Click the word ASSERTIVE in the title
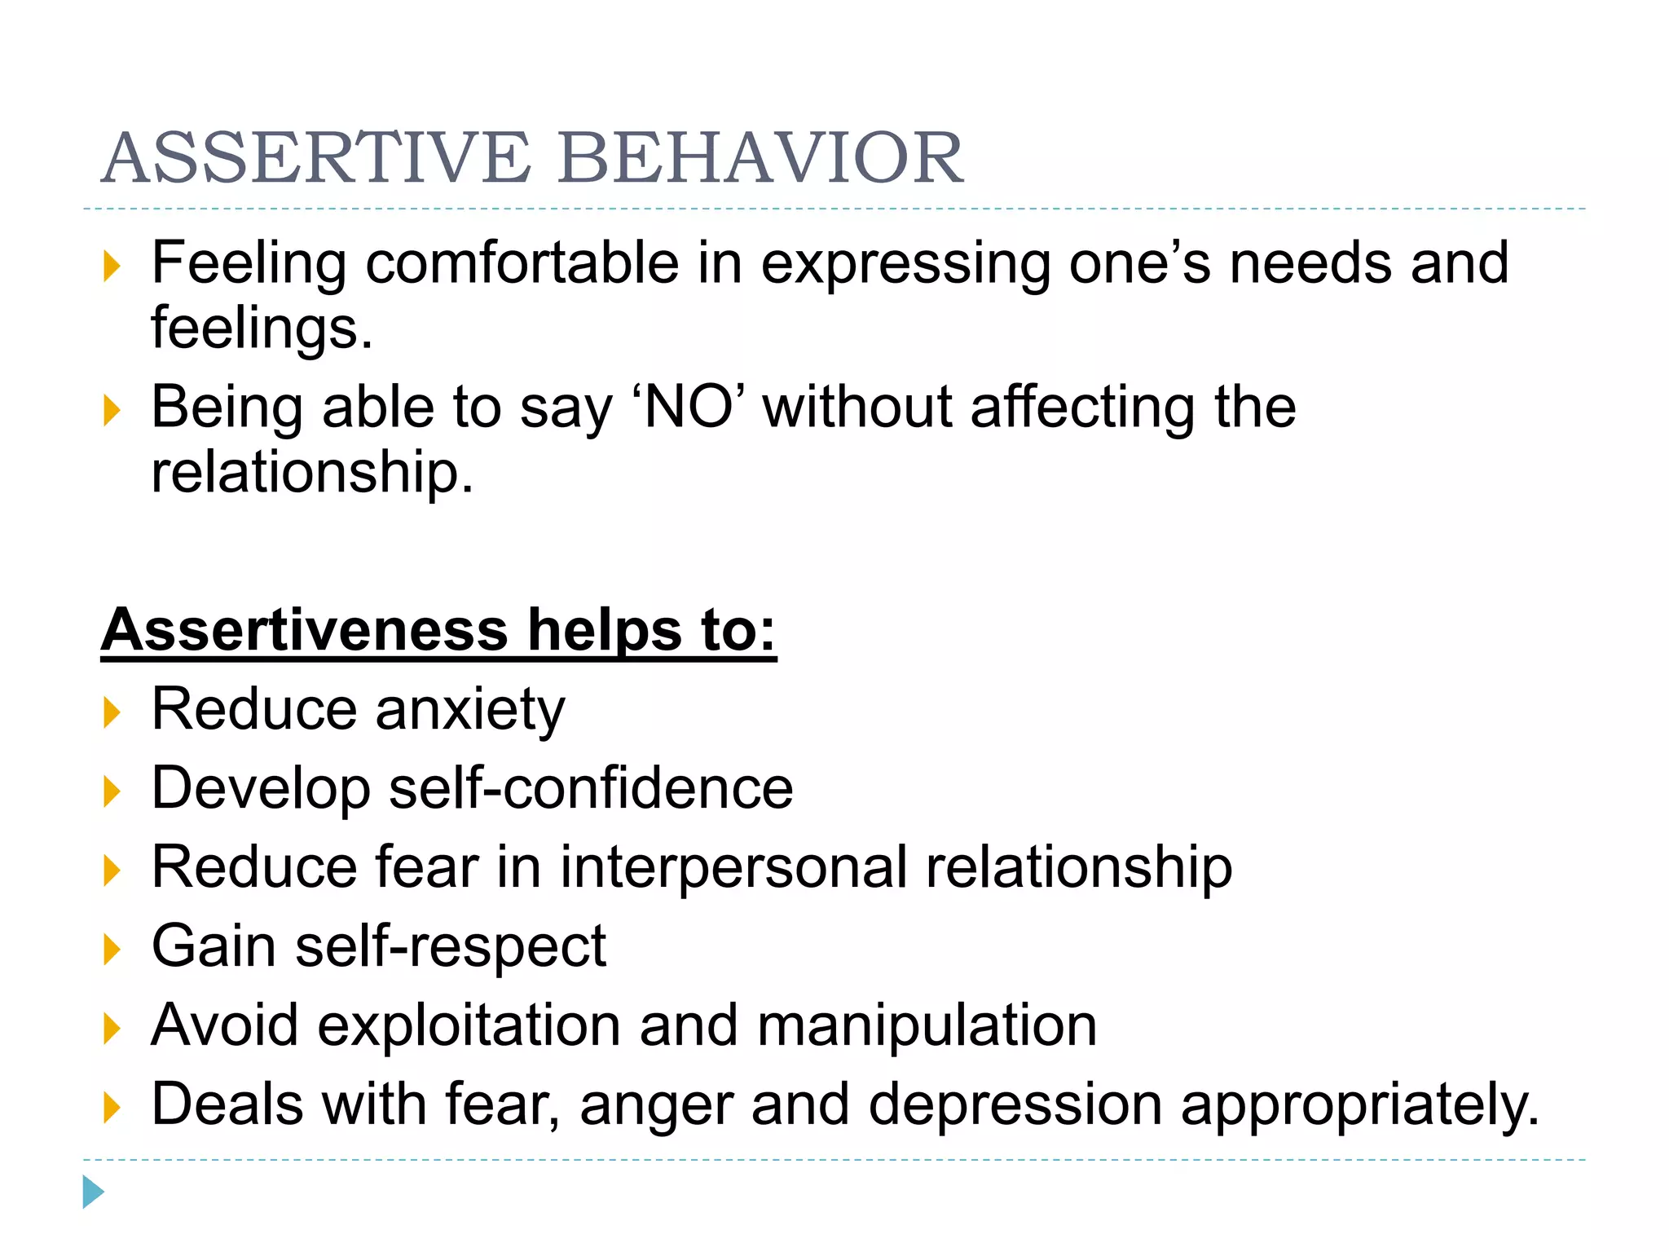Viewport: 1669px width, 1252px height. tap(316, 158)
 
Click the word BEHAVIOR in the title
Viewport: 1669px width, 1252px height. tap(761, 158)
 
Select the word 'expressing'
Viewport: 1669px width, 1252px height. tap(905, 265)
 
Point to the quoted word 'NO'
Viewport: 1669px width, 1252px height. tap(689, 407)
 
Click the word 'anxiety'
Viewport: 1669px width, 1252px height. tap(470, 710)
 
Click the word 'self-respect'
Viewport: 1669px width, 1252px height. tap(451, 946)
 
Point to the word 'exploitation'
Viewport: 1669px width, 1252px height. tap(469, 1025)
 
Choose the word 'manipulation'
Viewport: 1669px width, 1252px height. tap(927, 1025)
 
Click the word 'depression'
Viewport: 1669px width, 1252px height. tap(1015, 1105)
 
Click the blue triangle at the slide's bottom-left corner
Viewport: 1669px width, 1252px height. tap(93, 1192)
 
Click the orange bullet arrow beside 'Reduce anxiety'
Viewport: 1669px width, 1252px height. tap(112, 712)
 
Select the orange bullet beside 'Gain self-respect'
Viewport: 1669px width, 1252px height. tap(112, 950)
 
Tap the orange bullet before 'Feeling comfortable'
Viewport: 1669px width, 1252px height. tap(112, 267)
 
